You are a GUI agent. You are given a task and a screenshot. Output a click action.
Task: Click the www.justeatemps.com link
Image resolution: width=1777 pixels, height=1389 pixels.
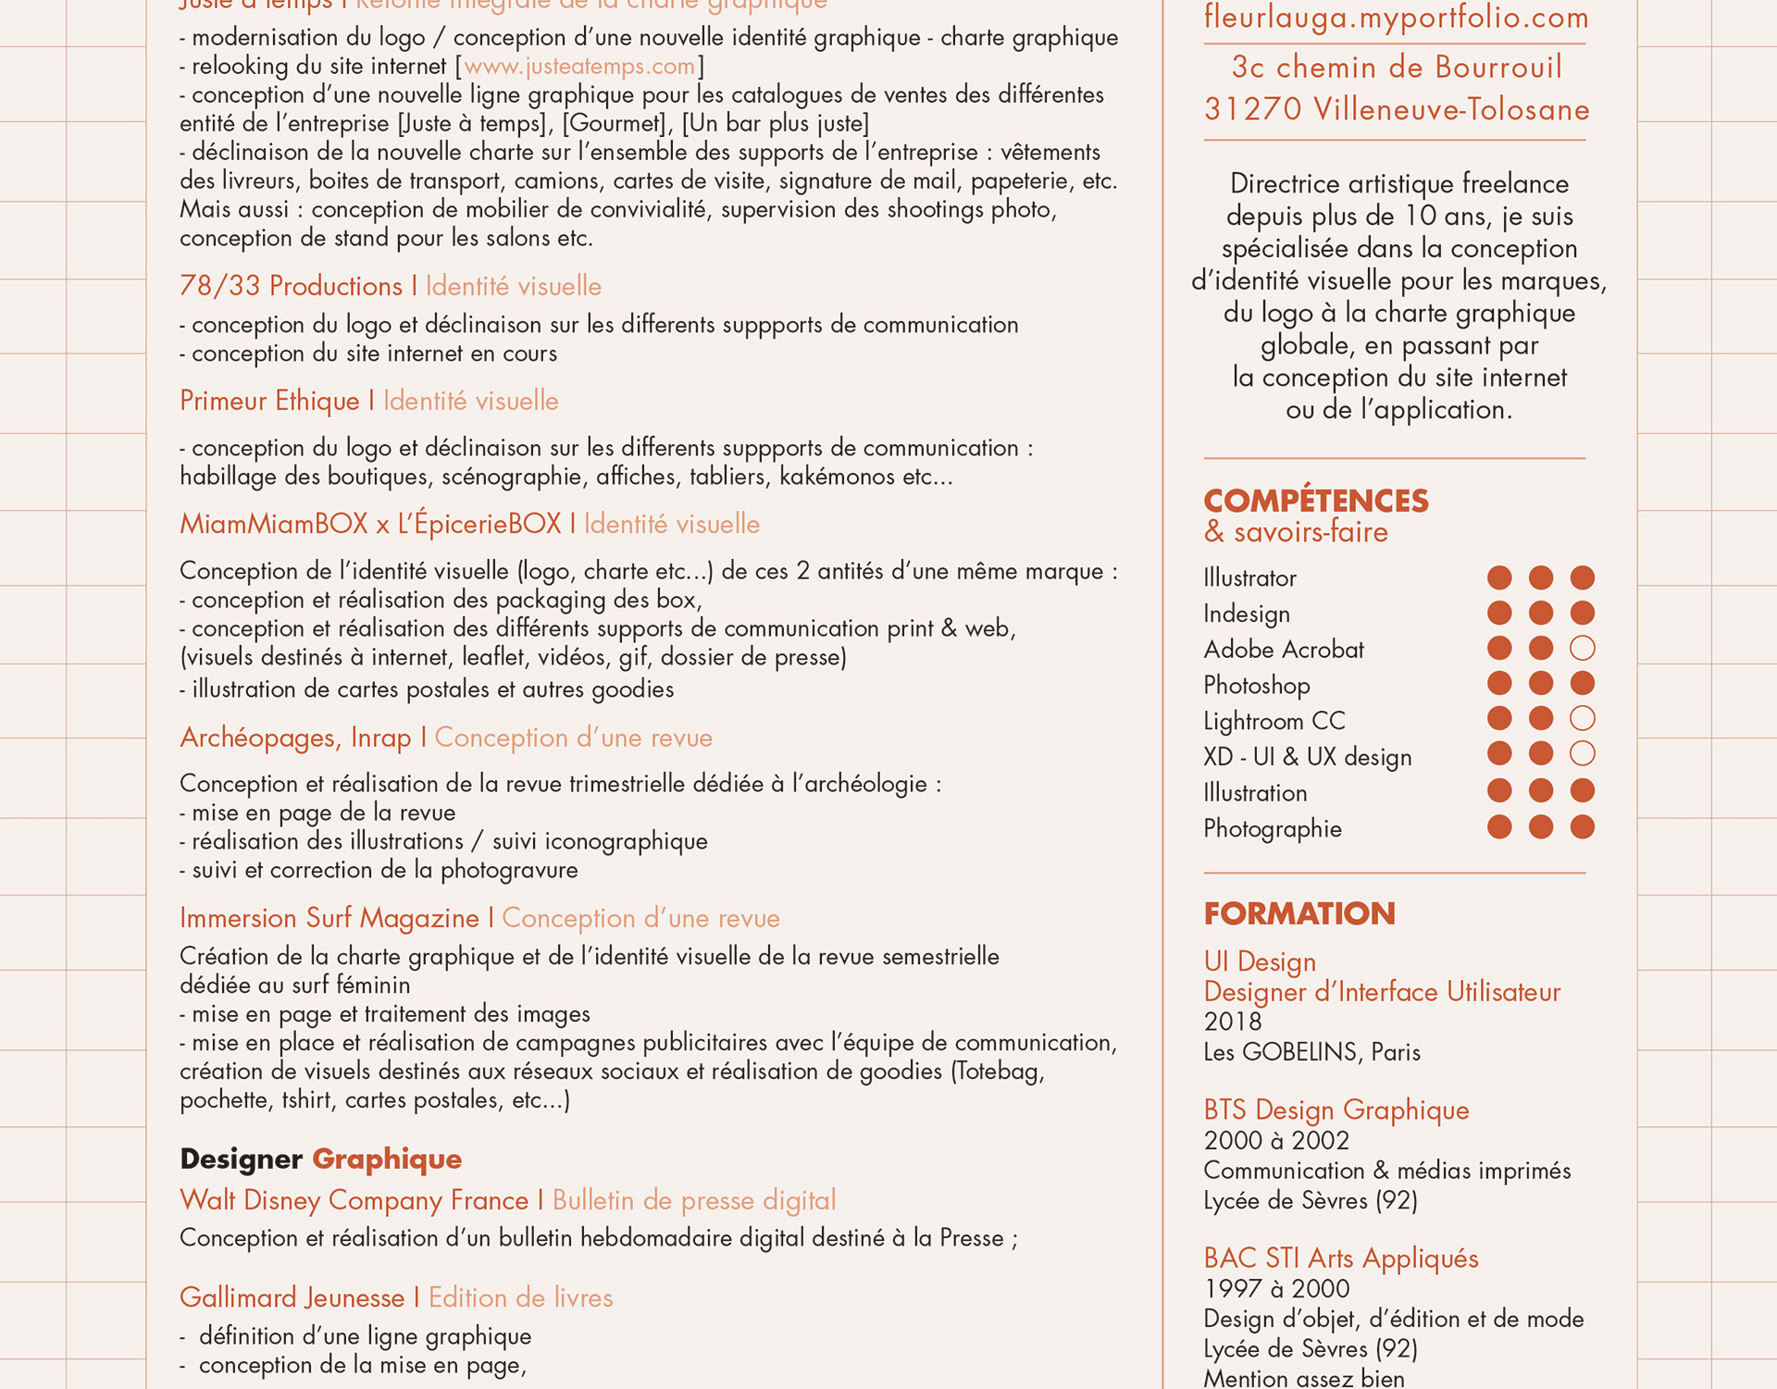tap(578, 67)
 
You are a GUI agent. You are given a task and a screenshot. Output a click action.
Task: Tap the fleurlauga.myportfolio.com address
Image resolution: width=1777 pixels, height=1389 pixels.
tap(1396, 18)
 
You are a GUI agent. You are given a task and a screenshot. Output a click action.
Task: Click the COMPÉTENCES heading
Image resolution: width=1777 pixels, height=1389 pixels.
tap(1315, 501)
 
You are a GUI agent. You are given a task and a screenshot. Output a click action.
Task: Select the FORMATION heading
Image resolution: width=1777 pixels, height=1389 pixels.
tap(1299, 913)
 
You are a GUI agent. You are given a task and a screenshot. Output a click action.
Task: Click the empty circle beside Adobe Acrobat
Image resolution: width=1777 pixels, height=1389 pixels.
tap(1582, 648)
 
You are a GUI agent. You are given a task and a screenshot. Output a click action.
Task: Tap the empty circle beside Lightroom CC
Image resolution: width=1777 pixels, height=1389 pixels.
tap(1582, 719)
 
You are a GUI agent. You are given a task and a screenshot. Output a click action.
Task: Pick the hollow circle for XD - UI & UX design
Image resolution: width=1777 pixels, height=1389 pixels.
tap(1582, 754)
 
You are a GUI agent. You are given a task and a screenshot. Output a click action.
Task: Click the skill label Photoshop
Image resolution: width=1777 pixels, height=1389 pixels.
tap(1256, 686)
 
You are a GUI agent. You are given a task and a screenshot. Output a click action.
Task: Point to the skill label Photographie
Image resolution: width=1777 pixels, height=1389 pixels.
tap(1272, 829)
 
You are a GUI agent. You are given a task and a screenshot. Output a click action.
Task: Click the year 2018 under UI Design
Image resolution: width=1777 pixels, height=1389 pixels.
tap(1232, 1022)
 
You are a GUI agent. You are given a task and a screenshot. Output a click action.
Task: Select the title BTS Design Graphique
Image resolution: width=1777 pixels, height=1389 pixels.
tap(1336, 1110)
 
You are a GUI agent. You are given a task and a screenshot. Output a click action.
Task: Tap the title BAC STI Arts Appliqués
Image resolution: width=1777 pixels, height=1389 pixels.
tap(1340, 1259)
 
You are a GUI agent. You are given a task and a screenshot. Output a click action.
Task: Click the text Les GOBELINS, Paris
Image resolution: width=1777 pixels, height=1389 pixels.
tap(1311, 1052)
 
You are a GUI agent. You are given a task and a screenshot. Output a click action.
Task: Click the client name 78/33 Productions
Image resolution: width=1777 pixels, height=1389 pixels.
tap(291, 286)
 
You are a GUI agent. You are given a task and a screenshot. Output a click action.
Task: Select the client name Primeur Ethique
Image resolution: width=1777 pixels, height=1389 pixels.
tap(269, 401)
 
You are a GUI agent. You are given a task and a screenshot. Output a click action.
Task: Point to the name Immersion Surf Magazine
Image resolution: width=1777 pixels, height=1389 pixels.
tap(329, 918)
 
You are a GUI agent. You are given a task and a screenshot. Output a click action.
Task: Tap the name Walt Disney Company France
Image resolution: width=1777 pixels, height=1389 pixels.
tap(354, 1200)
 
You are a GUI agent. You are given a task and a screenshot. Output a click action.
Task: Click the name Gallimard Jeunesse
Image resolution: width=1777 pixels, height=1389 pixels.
tap(292, 1297)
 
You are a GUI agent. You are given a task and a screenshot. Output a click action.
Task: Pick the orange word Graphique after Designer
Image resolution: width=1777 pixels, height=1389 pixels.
tap(387, 1159)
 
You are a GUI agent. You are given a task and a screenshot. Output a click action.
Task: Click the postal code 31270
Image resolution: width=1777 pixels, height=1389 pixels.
tap(1253, 110)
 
